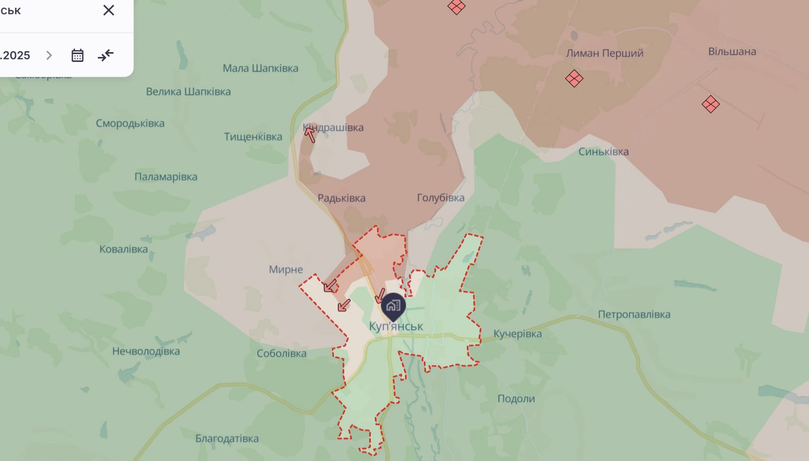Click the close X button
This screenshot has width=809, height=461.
[x=109, y=10]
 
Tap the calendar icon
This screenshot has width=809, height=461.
[x=77, y=55]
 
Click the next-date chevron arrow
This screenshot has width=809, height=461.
[x=49, y=55]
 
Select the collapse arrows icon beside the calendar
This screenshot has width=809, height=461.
[x=106, y=55]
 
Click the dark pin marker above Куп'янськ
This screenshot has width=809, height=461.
[x=393, y=306]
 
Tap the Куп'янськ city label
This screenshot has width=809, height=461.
[x=396, y=326]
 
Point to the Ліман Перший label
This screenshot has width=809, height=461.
[x=604, y=53]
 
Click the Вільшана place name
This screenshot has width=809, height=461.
[x=732, y=52]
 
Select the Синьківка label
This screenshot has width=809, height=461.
[x=603, y=151]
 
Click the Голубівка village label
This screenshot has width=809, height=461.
[x=441, y=198]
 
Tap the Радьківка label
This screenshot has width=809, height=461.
[x=341, y=198]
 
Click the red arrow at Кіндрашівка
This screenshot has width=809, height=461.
[x=309, y=133]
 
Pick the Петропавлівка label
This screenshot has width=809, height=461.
[x=634, y=314]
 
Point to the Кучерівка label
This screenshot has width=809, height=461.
[x=518, y=334]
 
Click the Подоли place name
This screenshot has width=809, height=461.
[x=516, y=399]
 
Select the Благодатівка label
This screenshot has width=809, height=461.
[x=227, y=439]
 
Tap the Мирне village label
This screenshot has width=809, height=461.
[x=286, y=270]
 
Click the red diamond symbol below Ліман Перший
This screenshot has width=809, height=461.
[x=574, y=78]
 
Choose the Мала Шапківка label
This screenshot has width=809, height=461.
[x=260, y=68]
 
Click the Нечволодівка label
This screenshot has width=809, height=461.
[x=146, y=351]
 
